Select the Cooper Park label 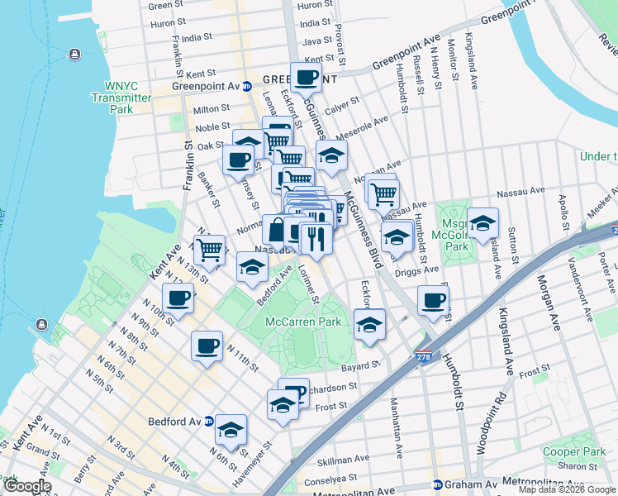coord(573,451)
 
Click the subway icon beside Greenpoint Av coord(246,86)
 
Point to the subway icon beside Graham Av coord(437,484)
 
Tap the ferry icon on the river coord(74,55)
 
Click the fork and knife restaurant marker coord(316,238)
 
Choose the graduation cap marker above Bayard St coord(369,324)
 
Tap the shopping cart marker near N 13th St coord(209,248)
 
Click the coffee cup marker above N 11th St coord(207,345)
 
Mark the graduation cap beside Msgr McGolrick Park coord(483,222)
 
